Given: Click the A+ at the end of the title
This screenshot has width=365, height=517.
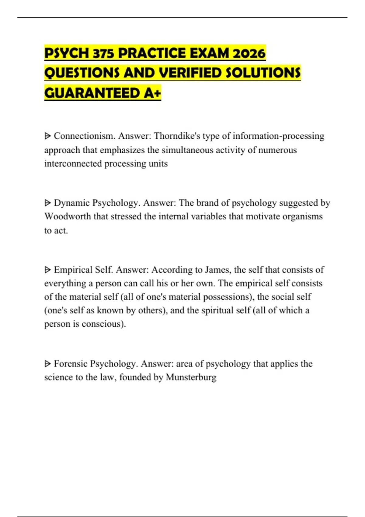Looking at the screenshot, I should (x=152, y=93).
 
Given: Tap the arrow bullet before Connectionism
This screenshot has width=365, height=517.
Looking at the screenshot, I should (x=47, y=136).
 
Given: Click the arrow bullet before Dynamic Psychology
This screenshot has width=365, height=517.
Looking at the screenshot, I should (x=47, y=203).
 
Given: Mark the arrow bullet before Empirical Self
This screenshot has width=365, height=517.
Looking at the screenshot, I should (x=47, y=270).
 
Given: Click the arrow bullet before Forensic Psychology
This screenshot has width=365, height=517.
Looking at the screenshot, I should (x=47, y=364).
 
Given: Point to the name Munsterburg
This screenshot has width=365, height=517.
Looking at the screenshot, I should (x=191, y=377).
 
